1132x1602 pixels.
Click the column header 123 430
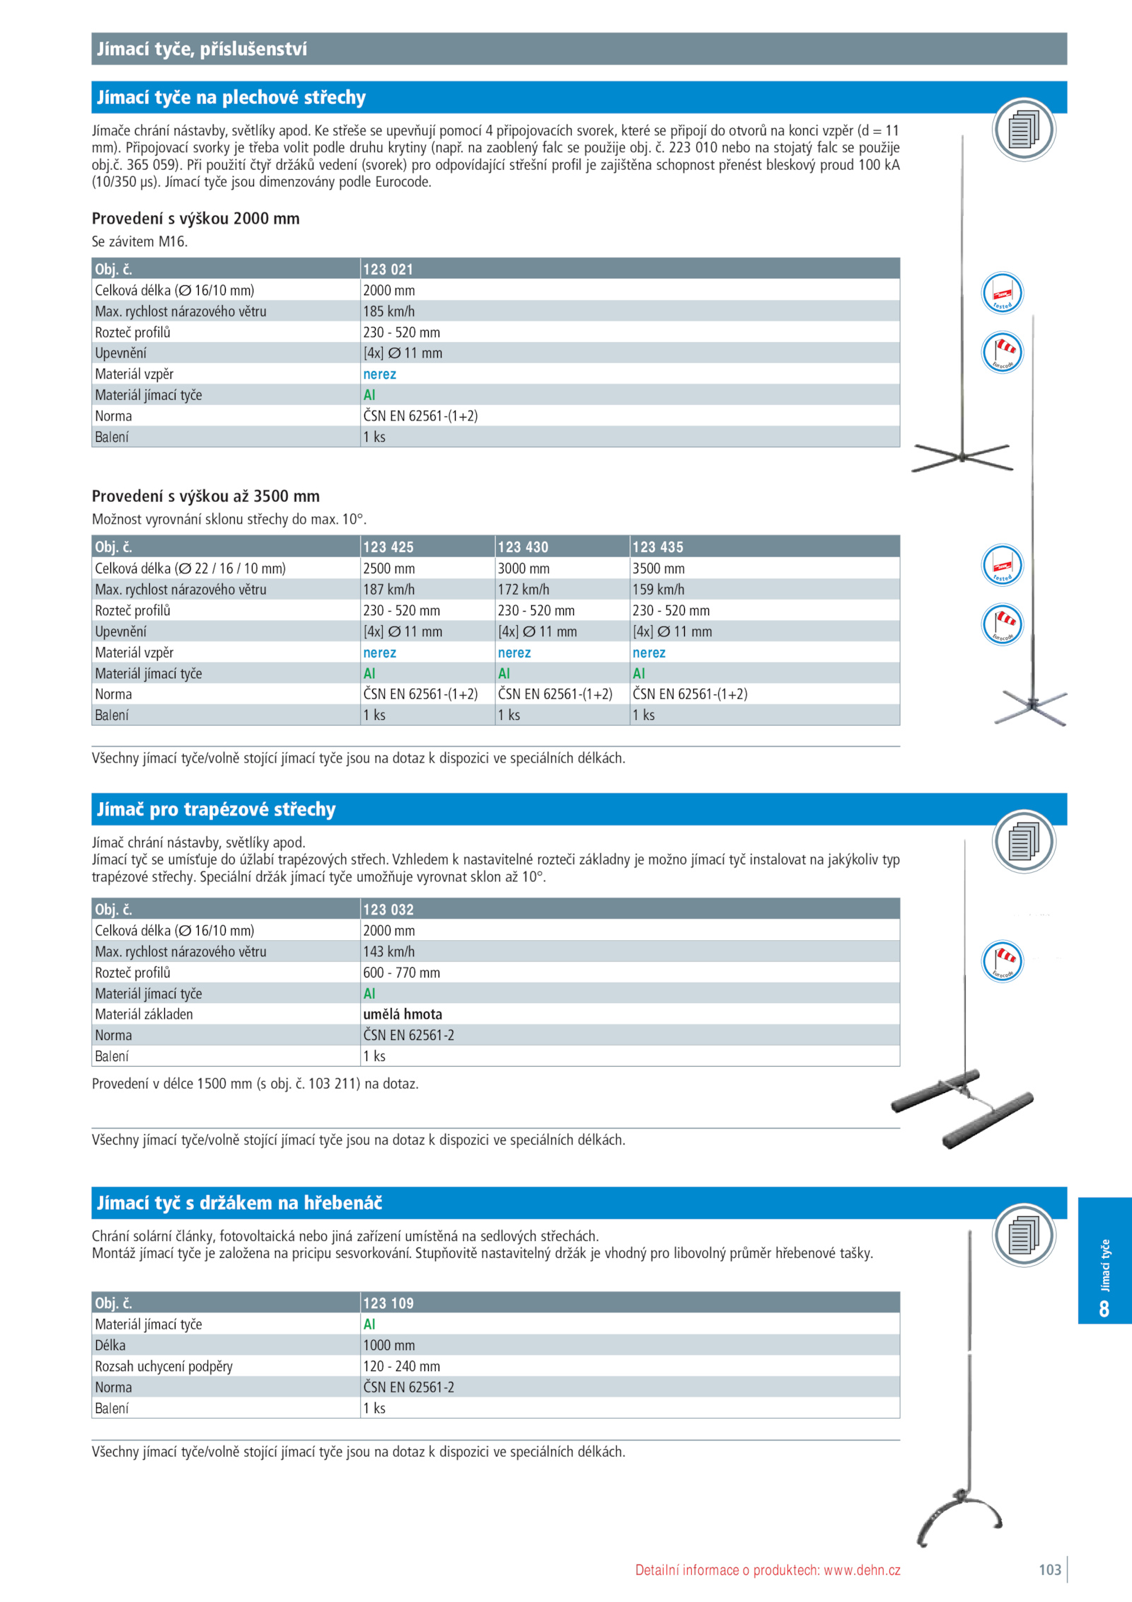[523, 547]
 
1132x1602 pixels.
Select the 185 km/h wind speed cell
[388, 311]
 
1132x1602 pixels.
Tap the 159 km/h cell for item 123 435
[658, 589]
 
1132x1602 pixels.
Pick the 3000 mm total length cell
[523, 568]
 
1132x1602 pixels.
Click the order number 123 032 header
[388, 909]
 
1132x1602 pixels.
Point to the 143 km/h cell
[388, 951]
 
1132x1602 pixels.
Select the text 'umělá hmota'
[402, 1014]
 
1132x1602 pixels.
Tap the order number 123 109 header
[388, 1303]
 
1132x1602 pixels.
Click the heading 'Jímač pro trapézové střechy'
[216, 809]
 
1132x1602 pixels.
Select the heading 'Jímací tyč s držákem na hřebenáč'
[239, 1203]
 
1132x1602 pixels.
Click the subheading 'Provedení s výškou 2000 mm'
[195, 218]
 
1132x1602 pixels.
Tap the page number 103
[1049, 1569]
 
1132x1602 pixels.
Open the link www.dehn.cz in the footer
[862, 1570]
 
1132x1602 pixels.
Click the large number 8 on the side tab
[1104, 1308]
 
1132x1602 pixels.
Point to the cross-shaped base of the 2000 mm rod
[962, 457]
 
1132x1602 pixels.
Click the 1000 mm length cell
[388, 1345]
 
